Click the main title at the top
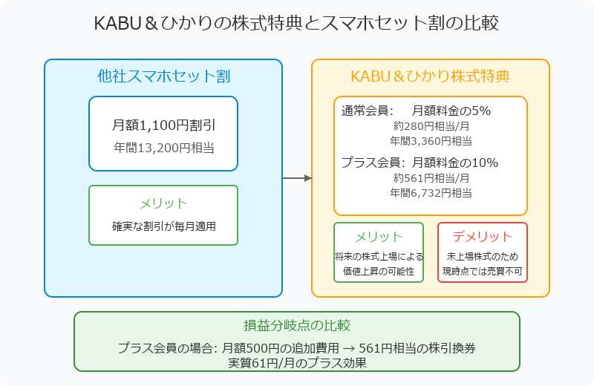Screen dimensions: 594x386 [x=296, y=23]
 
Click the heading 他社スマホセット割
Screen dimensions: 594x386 [x=163, y=76]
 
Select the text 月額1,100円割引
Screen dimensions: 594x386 [x=163, y=125]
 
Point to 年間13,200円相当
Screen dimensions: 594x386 [x=163, y=148]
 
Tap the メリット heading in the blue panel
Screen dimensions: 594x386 [x=163, y=204]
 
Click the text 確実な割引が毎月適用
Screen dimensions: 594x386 [x=163, y=226]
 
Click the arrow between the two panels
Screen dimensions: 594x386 [x=297, y=178]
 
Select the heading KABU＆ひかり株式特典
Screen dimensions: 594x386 [x=431, y=76]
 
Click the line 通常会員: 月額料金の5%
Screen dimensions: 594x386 [x=416, y=111]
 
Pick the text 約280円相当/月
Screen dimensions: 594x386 [x=431, y=125]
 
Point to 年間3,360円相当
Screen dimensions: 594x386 [x=431, y=141]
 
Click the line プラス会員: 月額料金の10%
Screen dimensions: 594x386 [x=420, y=163]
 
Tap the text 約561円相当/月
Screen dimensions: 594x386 [x=431, y=177]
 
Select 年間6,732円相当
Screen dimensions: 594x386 [x=431, y=193]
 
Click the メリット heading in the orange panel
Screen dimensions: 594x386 [x=379, y=237]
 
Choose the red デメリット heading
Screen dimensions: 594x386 [x=482, y=237]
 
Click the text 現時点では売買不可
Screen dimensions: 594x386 [x=482, y=271]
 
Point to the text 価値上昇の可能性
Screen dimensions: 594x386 [x=379, y=271]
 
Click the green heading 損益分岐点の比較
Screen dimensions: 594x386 [x=297, y=325]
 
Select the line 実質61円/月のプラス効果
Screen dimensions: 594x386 [x=297, y=363]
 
